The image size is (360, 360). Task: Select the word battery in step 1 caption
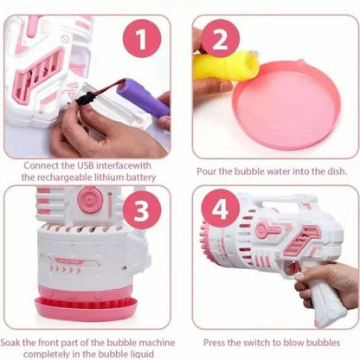tap(135, 177)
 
